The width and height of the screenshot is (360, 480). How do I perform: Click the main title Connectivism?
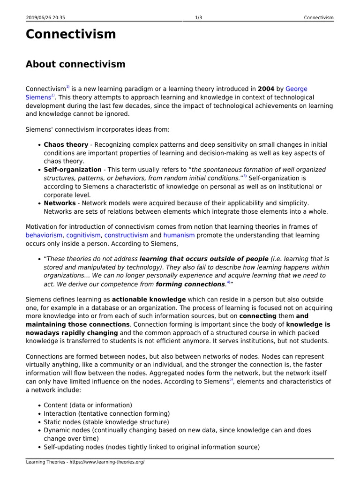pos(70,34)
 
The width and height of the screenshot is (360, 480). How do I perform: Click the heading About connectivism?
pos(75,64)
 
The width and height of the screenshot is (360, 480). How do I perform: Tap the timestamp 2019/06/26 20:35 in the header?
pos(45,18)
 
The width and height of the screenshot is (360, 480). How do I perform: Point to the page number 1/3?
pos(198,18)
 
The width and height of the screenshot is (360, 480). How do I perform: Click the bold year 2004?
pos(266,89)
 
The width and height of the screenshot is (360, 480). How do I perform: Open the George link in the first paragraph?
pos(296,89)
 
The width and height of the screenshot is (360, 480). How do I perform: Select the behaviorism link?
pos(44,235)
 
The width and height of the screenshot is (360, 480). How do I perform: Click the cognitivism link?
pos(83,235)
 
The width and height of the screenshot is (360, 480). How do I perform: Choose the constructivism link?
pos(126,235)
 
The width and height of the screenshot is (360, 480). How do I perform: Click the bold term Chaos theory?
pos(66,144)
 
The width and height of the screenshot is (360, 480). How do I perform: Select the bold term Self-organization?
pos(73,170)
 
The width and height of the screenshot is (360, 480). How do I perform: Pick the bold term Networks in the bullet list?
pos(60,203)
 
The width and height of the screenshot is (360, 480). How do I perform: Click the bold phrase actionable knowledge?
pos(149,299)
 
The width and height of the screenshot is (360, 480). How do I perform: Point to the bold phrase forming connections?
pos(190,284)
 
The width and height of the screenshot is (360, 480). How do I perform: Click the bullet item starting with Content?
pos(88,405)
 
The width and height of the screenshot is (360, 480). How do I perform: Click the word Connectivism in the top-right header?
pos(319,18)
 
